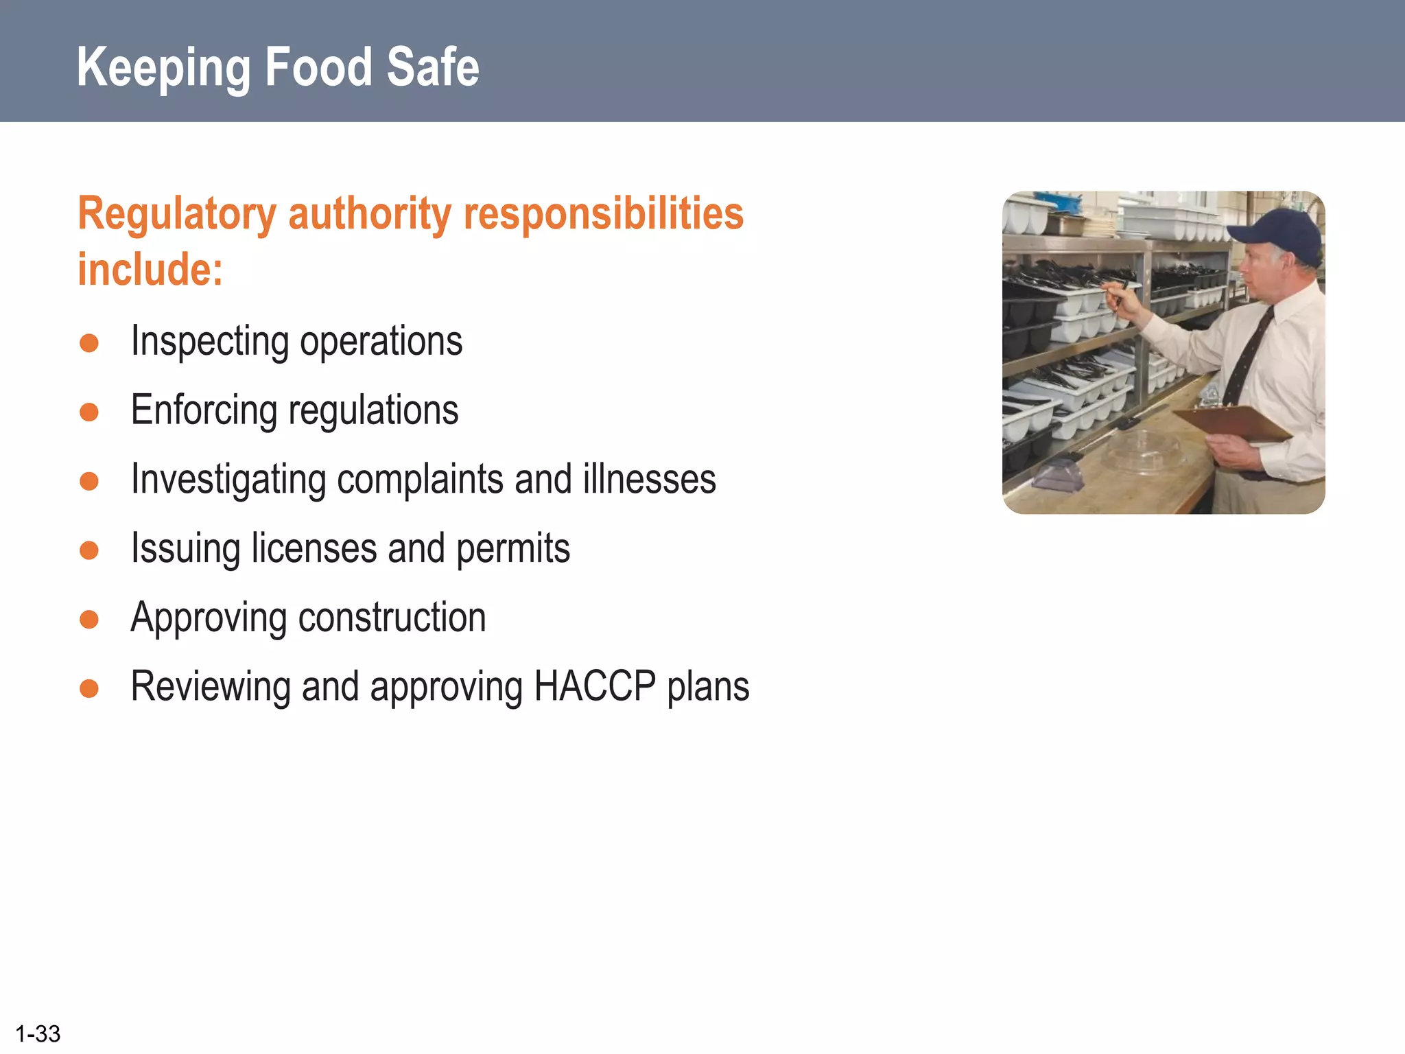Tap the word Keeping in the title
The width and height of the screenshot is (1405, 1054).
point(163,69)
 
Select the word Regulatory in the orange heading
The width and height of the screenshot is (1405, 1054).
point(176,215)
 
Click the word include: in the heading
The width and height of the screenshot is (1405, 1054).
point(150,269)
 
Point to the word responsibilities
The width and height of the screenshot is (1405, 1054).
point(604,213)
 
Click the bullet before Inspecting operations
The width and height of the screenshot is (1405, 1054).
point(89,342)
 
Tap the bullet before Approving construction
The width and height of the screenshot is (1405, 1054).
point(89,619)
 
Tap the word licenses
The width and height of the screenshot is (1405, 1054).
point(314,548)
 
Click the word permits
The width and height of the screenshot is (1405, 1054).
point(512,548)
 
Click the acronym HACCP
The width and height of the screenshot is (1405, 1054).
point(594,686)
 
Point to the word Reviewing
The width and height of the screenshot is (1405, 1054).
point(210,687)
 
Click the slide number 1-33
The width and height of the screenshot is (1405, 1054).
point(38,1033)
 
